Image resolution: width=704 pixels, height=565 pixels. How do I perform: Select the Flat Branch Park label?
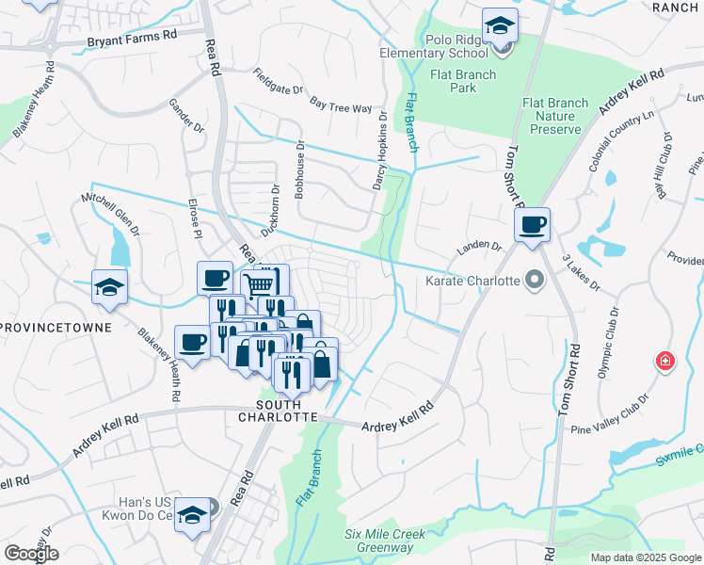click(450, 82)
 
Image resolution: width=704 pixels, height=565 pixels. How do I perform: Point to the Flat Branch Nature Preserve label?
click(555, 116)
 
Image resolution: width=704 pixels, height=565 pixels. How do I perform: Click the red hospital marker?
click(666, 362)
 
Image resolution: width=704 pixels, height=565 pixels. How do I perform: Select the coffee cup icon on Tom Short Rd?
click(532, 225)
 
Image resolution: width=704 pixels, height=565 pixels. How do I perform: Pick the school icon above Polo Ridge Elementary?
click(500, 26)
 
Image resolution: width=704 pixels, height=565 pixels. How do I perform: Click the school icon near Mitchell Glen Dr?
click(109, 287)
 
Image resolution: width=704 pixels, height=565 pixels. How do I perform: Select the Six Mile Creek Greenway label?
click(385, 541)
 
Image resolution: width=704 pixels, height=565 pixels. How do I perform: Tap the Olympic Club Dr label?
click(608, 343)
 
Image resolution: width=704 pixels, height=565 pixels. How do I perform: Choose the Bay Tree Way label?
click(341, 105)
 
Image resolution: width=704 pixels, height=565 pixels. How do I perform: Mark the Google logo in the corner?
click(31, 554)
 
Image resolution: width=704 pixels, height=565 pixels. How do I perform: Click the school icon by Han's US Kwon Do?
click(193, 515)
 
